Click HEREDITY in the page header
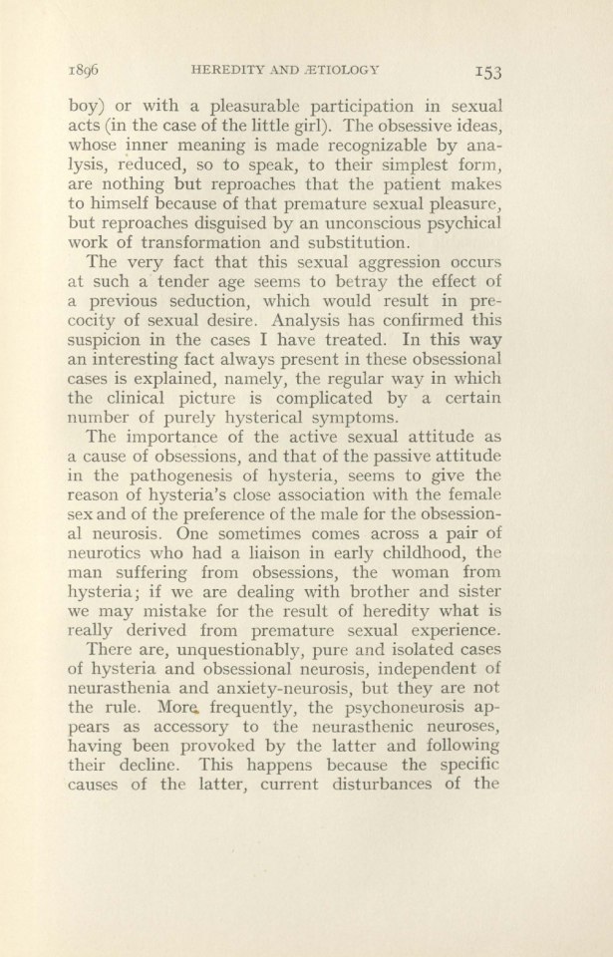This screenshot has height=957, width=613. [233, 69]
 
